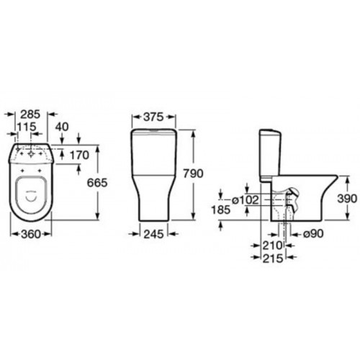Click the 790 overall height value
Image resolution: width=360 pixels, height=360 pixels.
pos(194,174)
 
